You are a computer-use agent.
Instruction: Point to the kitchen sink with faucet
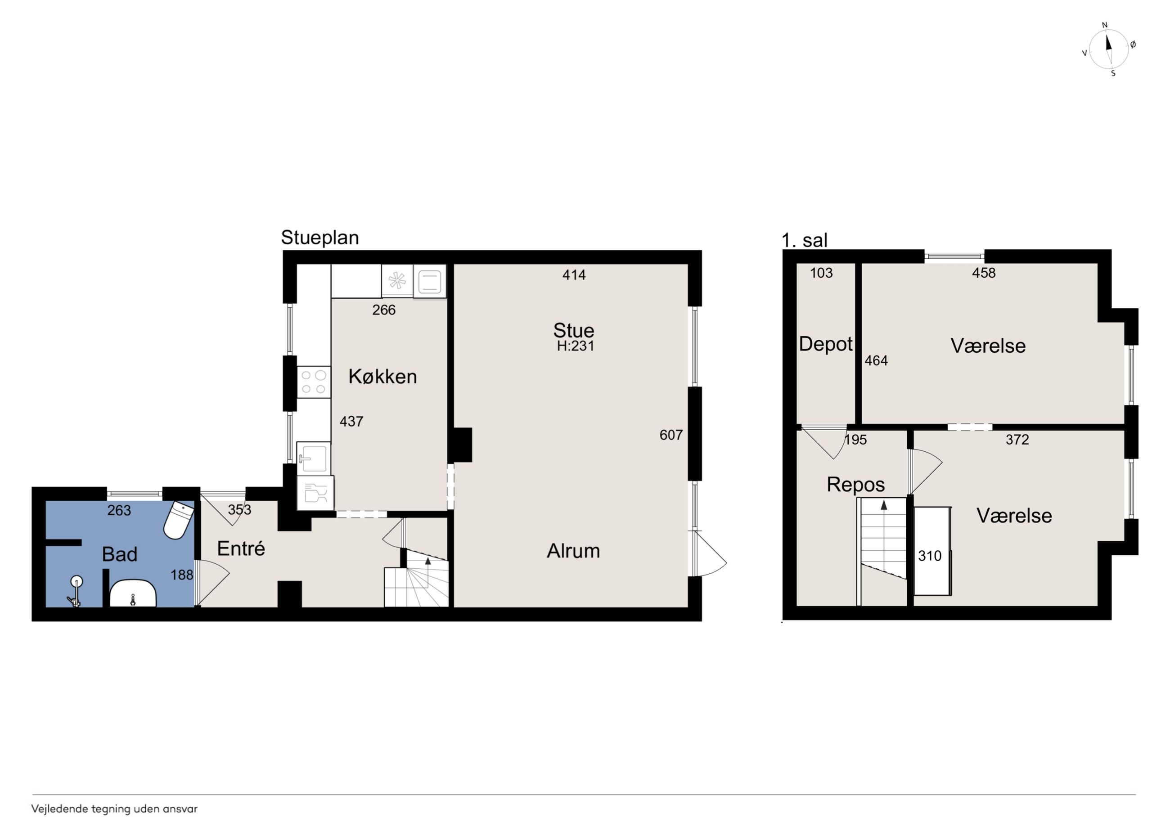(313, 458)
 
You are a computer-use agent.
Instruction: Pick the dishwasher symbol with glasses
(315, 493)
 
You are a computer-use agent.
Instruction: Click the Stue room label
(574, 331)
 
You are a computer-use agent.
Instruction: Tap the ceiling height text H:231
(575, 346)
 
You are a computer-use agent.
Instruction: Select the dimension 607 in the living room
(670, 435)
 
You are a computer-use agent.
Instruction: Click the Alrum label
(573, 551)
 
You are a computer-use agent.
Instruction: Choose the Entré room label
(241, 549)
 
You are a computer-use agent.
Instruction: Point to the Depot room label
(825, 345)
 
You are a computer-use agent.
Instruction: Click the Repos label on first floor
(855, 485)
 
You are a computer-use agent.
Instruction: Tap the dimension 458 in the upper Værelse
(984, 273)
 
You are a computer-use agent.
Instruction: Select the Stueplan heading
(320, 238)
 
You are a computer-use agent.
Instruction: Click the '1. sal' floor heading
(805, 241)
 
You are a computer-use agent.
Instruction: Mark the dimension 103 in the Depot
(821, 273)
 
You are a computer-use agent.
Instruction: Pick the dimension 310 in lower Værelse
(930, 556)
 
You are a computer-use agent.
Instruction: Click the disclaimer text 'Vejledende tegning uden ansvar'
(114, 809)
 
